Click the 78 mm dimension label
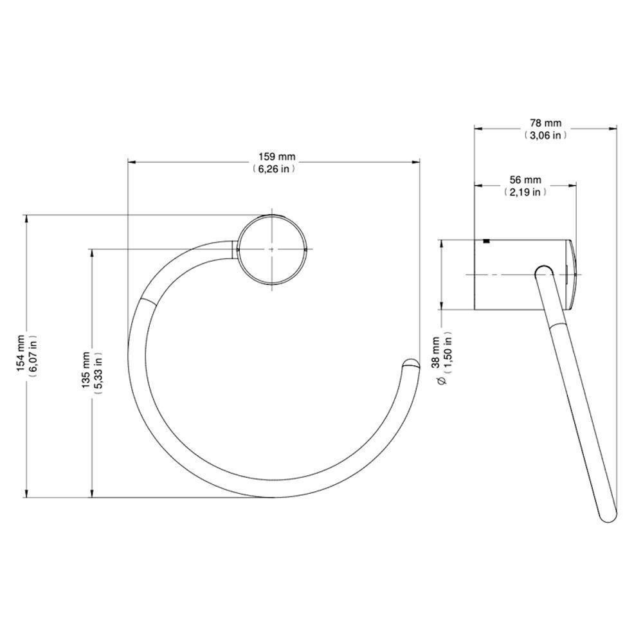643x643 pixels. click(545, 123)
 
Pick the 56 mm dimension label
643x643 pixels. click(525, 179)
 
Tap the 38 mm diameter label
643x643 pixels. click(435, 352)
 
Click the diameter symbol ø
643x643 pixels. click(440, 382)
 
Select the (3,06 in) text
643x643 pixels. click(545, 135)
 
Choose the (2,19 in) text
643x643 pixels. click(525, 192)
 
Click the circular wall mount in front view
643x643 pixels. click(272, 248)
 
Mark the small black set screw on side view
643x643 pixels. click(486, 242)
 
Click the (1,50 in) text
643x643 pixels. click(449, 352)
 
